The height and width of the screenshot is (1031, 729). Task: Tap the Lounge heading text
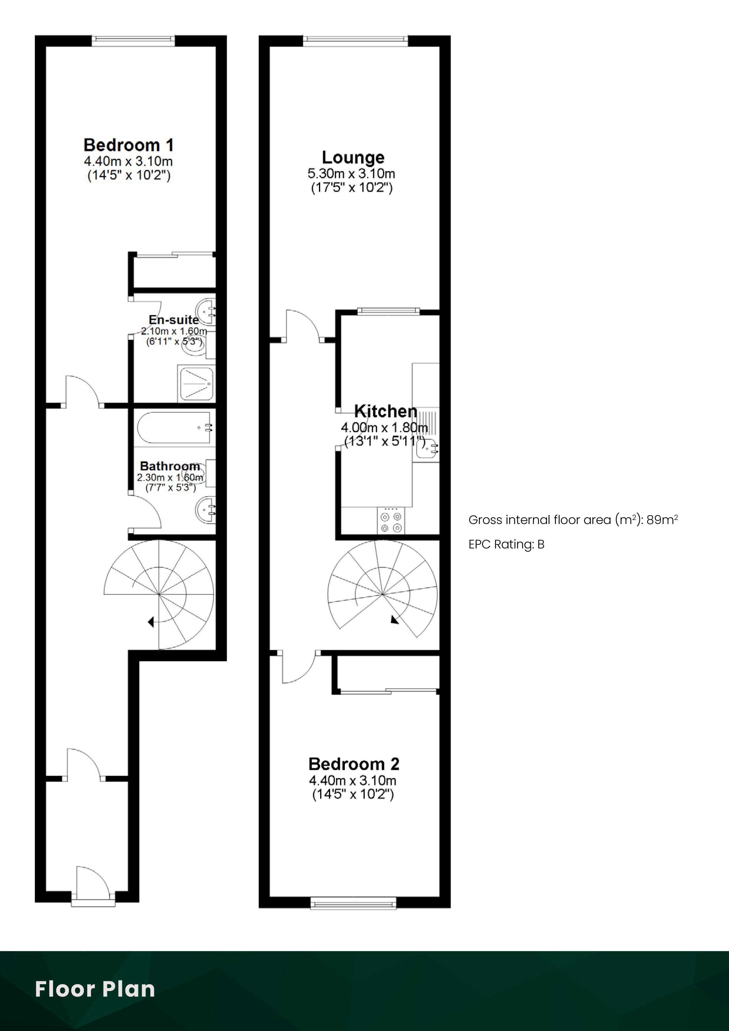[353, 157]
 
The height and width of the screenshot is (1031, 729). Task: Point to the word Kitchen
[386, 411]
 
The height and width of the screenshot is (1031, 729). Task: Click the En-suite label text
[174, 320]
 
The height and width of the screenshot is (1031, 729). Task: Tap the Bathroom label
[170, 466]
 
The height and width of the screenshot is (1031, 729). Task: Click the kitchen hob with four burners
[391, 520]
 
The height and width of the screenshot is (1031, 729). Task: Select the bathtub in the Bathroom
[174, 429]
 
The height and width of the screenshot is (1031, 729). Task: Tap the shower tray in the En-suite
[196, 384]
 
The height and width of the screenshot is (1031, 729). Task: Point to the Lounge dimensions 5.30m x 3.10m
[351, 173]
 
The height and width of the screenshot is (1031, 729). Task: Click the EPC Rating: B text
[506, 545]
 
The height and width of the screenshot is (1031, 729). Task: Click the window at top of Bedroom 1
[133, 41]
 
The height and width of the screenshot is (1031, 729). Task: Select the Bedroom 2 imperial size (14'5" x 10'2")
[353, 794]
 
